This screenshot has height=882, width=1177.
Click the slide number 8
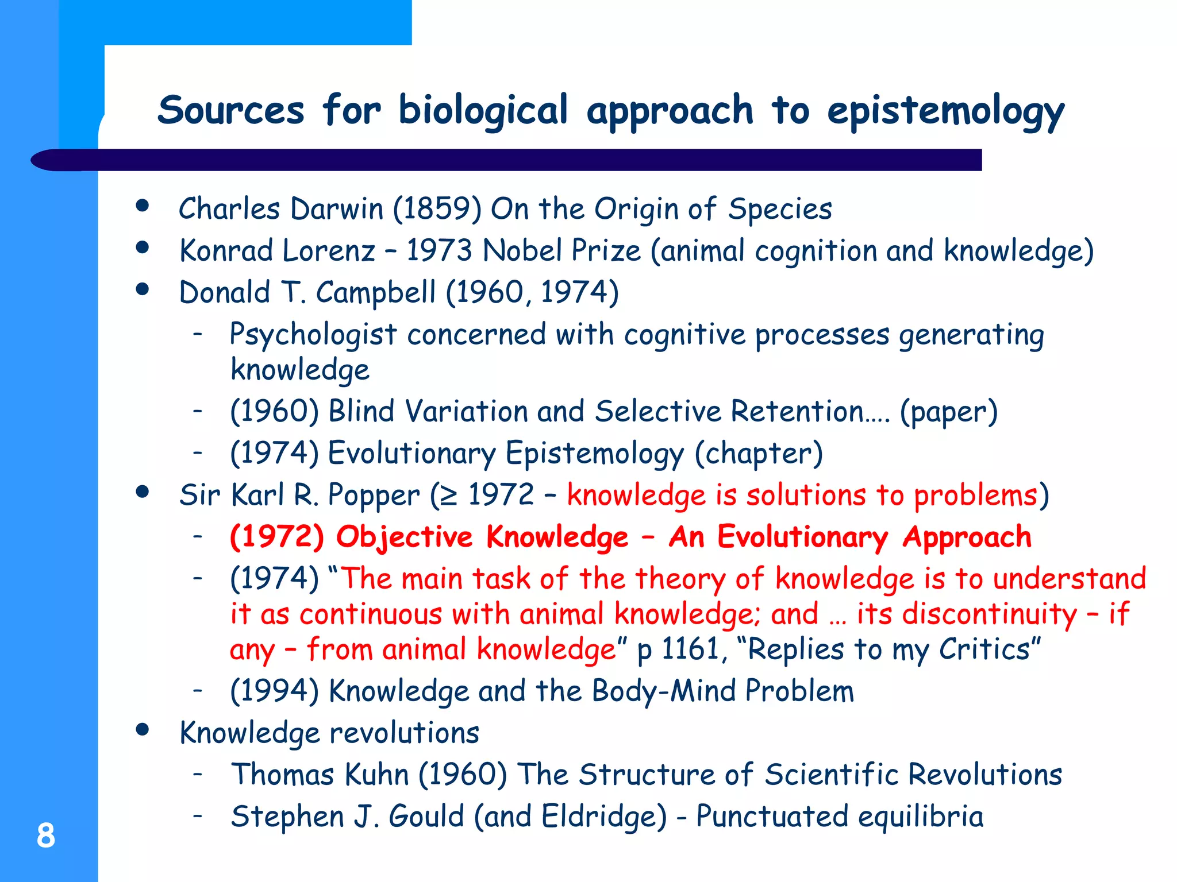pos(46,835)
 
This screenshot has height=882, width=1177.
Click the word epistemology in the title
pos(945,111)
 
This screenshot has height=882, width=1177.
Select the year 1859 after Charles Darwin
pos(437,208)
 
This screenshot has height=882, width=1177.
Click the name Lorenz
pos(329,251)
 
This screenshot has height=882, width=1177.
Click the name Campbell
pos(376,293)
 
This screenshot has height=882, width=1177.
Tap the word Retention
pos(799,412)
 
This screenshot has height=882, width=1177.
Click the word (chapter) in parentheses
pos(759,454)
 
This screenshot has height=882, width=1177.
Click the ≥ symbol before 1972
pos(449,496)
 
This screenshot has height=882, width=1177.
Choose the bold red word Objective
pos(404,537)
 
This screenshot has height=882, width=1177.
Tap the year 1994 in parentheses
pos(274,691)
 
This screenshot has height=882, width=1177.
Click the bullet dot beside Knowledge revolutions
pos(143,730)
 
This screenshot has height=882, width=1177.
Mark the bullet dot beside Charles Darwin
pos(143,206)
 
